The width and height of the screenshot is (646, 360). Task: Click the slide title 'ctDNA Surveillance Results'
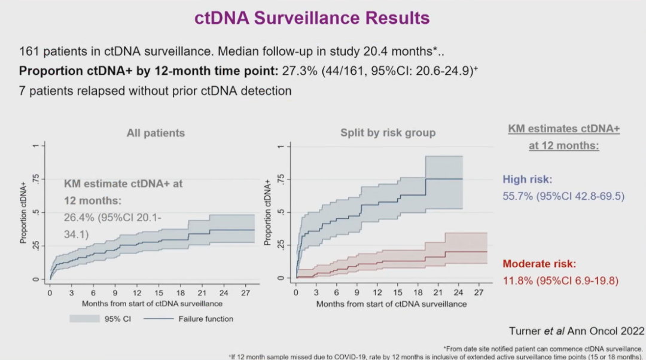point(312,18)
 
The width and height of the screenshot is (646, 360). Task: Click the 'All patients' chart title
point(156,133)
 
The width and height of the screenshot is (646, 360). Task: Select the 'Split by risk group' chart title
point(388,133)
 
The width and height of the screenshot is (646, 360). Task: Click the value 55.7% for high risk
point(516,196)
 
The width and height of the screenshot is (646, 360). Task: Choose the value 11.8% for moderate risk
point(516,280)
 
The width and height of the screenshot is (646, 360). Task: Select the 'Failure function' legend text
point(206,319)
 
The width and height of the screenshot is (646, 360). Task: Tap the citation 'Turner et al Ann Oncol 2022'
point(577,331)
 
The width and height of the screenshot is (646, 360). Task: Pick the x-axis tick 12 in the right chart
point(377,293)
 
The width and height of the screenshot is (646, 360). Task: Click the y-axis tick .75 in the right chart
point(279,179)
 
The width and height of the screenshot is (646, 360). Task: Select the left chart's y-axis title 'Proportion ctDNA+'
point(24,212)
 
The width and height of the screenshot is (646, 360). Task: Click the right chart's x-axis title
point(391,304)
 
